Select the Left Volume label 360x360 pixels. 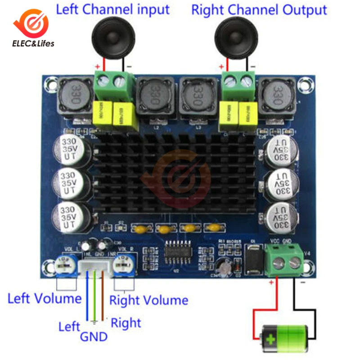pos(44,298)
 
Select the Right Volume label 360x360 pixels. pos(149,300)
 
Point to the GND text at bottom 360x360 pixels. pos(94,336)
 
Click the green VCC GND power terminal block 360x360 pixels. pos(285,262)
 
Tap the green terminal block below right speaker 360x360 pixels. pos(237,84)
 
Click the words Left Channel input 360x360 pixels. pos(112,9)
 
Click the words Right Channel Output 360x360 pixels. pos(259,9)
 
